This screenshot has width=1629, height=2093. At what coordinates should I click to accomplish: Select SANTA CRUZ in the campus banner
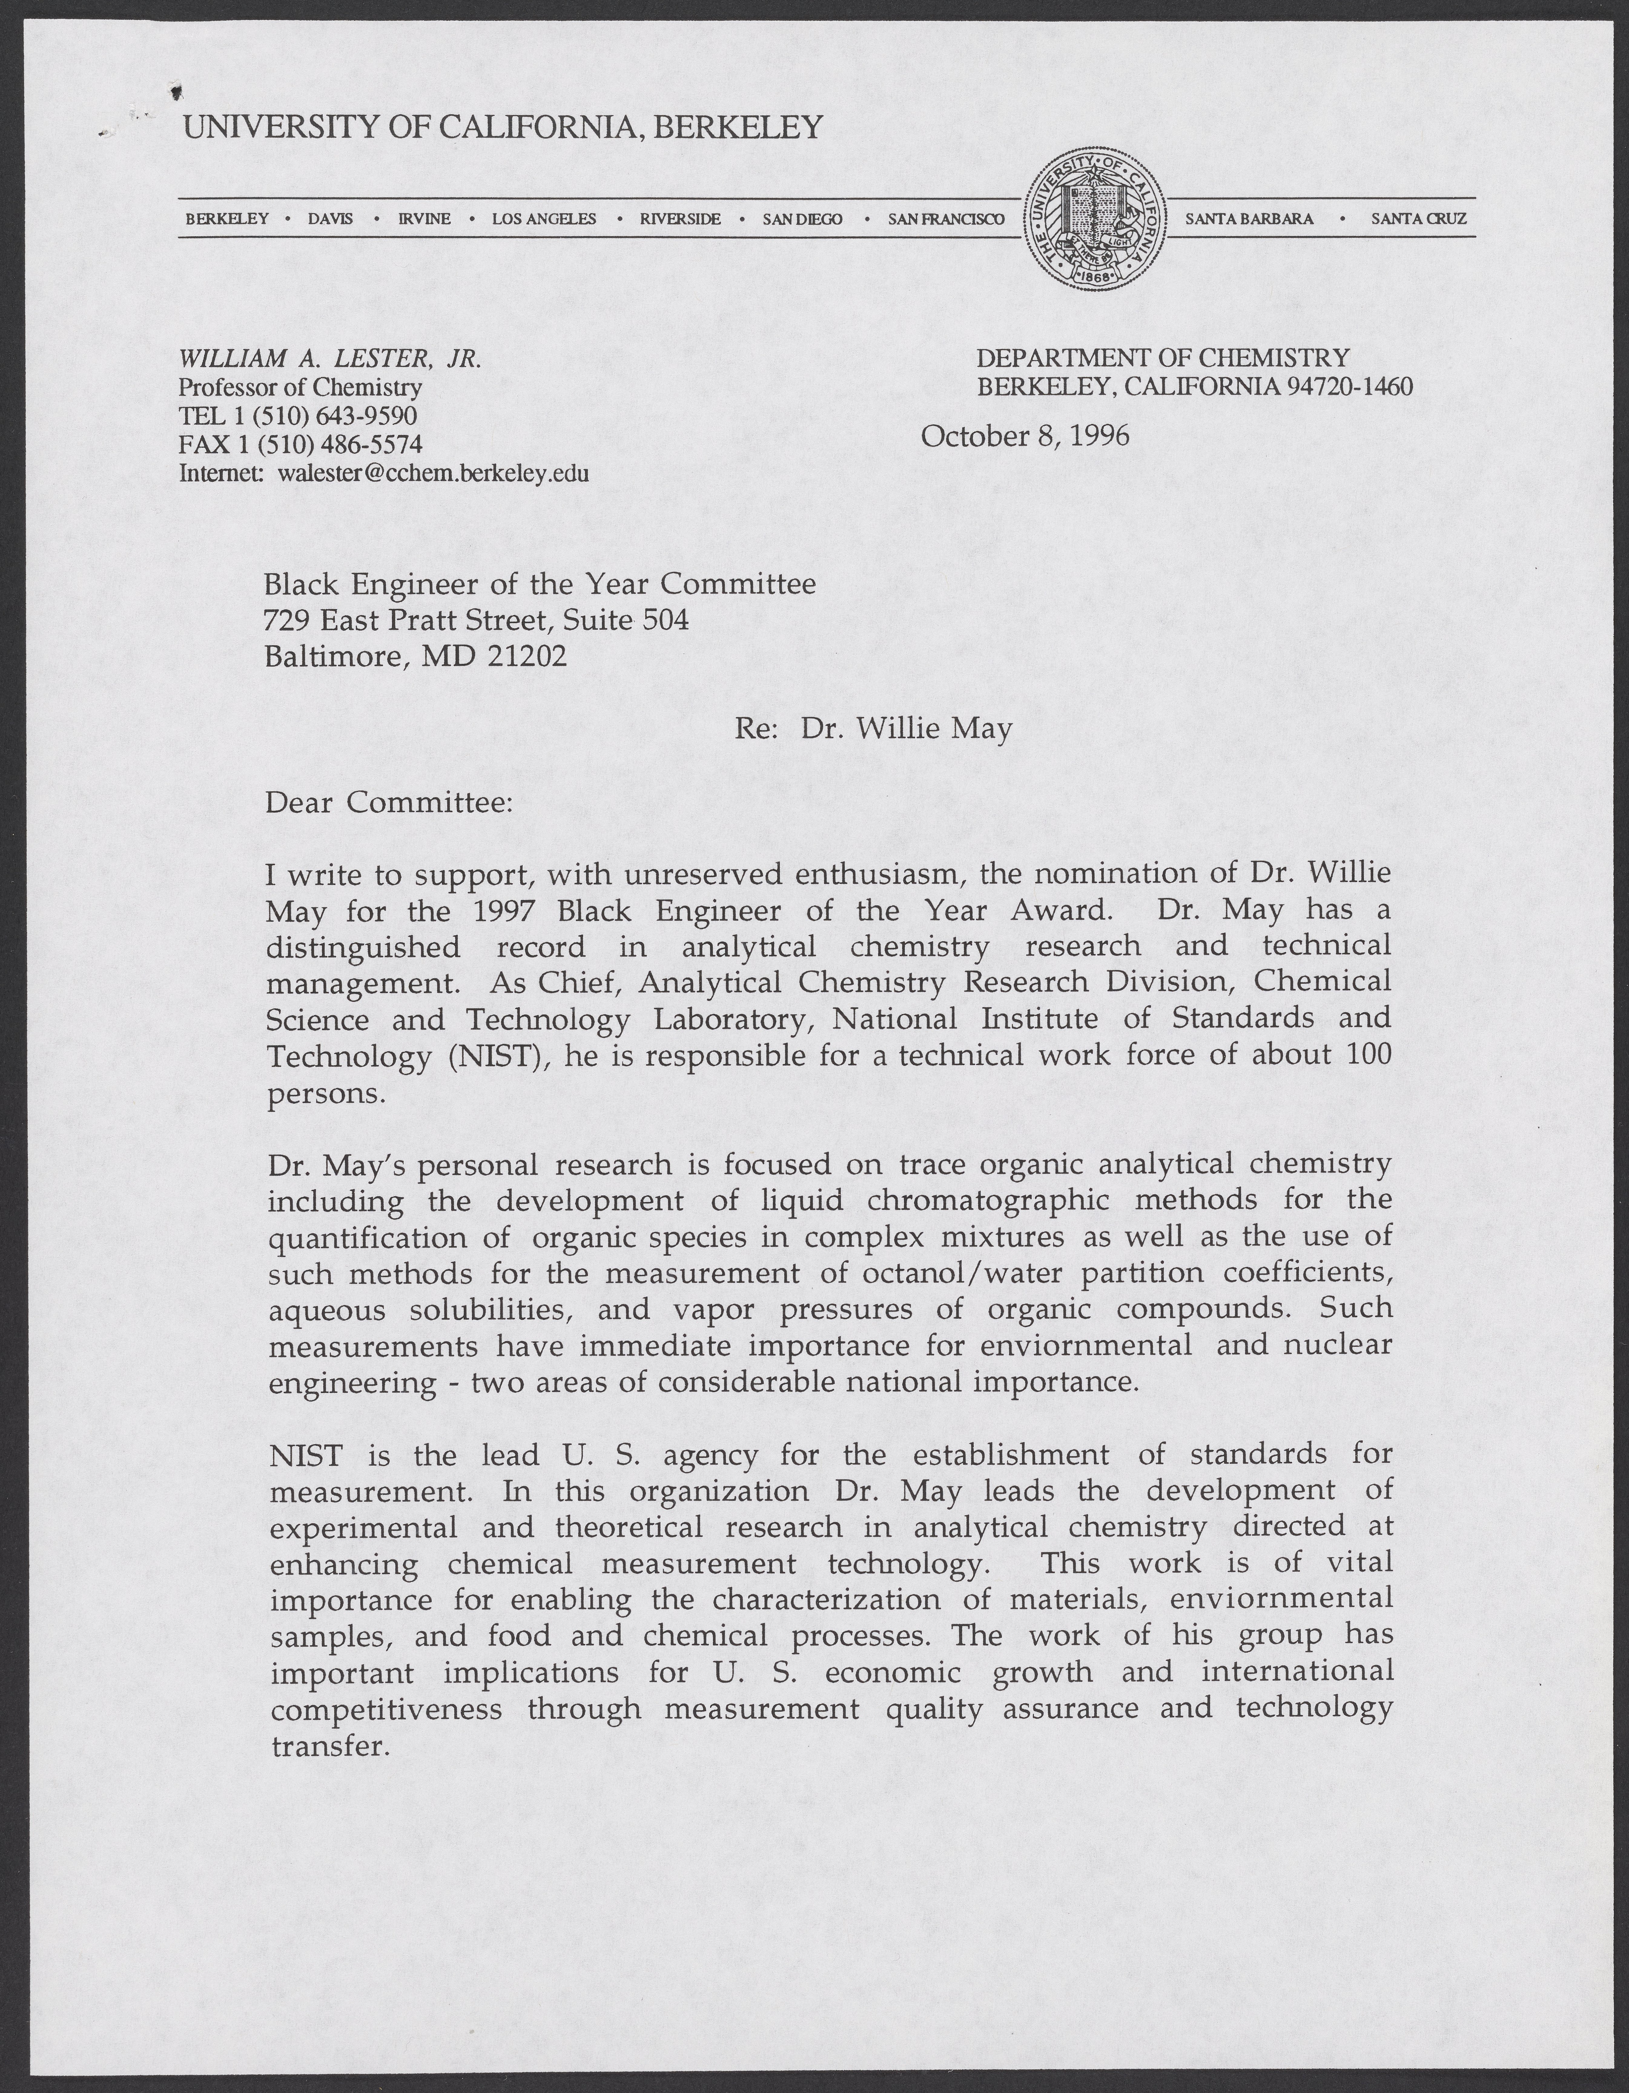click(1418, 218)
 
